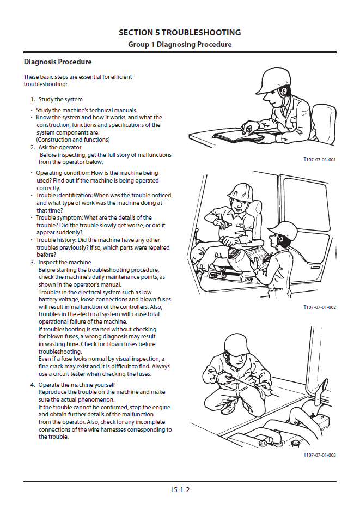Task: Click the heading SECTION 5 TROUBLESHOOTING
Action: [180, 33]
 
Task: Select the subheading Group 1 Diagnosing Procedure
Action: [180, 44]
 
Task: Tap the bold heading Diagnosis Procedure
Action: [58, 62]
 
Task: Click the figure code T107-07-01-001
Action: [319, 160]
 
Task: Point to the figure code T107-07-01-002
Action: [319, 307]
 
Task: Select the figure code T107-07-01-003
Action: [319, 455]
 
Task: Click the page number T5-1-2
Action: [180, 489]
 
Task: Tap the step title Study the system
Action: [60, 99]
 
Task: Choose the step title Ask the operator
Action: [60, 147]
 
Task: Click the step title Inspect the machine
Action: [65, 262]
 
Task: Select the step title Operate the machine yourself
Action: [77, 385]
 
